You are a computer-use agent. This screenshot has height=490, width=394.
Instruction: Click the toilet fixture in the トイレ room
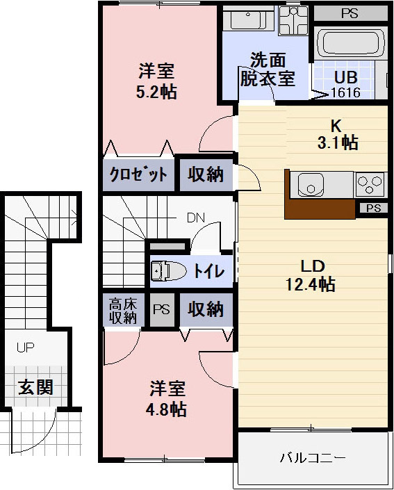point(168,270)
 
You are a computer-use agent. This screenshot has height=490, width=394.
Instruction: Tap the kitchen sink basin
point(310,185)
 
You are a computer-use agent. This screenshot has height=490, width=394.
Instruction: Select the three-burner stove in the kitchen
point(370,185)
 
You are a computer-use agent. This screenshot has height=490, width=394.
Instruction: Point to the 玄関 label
point(35,387)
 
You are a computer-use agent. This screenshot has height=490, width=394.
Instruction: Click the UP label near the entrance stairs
point(25,348)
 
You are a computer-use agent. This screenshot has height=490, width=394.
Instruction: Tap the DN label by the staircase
point(195,218)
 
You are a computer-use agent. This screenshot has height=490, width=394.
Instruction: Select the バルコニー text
point(313,458)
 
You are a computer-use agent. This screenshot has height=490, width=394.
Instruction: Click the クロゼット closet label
point(138,174)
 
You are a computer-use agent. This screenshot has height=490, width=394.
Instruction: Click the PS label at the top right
point(350,13)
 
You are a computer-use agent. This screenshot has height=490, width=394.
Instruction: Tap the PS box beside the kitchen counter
point(373,208)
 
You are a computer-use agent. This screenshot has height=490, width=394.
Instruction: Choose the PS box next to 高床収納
point(161,310)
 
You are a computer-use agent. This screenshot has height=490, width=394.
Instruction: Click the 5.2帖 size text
point(156,92)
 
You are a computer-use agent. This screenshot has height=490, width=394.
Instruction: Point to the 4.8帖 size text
point(166,409)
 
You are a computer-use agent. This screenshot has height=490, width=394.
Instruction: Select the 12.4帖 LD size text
point(311,284)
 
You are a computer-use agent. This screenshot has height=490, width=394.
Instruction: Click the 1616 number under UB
point(345,92)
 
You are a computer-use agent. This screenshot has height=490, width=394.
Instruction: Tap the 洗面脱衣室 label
point(268,70)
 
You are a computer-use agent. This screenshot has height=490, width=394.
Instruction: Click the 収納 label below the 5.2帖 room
point(206,174)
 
